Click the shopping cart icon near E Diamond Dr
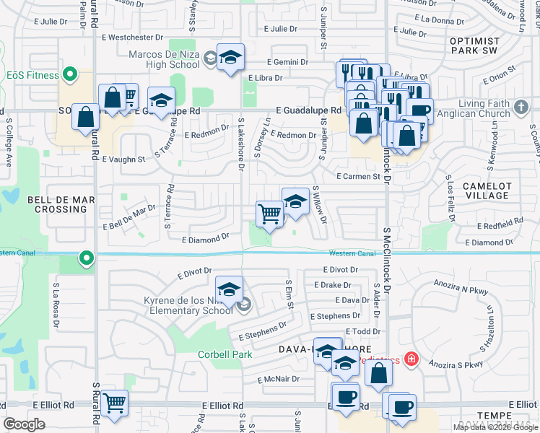[x=269, y=213]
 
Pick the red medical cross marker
[x=411, y=359]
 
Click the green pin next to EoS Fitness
[x=70, y=73]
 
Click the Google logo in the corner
[x=24, y=424]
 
